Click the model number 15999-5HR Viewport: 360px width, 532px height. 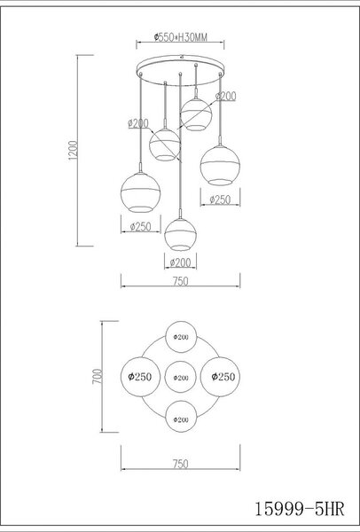tap(300, 509)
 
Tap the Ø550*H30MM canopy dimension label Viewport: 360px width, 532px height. tap(180, 37)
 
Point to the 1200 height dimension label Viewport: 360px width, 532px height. tap(74, 151)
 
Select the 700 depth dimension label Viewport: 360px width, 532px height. tap(98, 376)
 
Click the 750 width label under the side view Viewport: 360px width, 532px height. tap(180, 281)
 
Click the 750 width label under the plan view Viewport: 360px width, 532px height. tap(180, 464)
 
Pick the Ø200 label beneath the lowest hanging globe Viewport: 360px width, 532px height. tap(180, 262)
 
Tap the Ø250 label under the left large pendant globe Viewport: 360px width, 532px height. tap(140, 226)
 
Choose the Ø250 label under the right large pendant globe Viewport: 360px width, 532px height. tap(220, 199)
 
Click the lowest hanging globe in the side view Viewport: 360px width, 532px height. tap(180, 234)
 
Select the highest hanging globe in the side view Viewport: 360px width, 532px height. tap(196, 114)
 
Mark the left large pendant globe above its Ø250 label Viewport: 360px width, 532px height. tap(140, 192)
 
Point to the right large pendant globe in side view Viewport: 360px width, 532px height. tap(220, 166)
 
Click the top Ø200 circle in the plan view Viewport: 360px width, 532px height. tap(181, 337)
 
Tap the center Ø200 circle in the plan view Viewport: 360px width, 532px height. tap(181, 377)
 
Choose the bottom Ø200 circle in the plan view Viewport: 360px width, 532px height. tap(181, 417)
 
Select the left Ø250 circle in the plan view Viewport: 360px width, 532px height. tap(140, 377)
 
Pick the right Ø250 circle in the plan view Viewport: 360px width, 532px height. tap(220, 377)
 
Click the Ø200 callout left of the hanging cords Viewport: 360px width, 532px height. tap(138, 123)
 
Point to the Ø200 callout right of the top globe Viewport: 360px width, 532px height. tap(226, 97)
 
